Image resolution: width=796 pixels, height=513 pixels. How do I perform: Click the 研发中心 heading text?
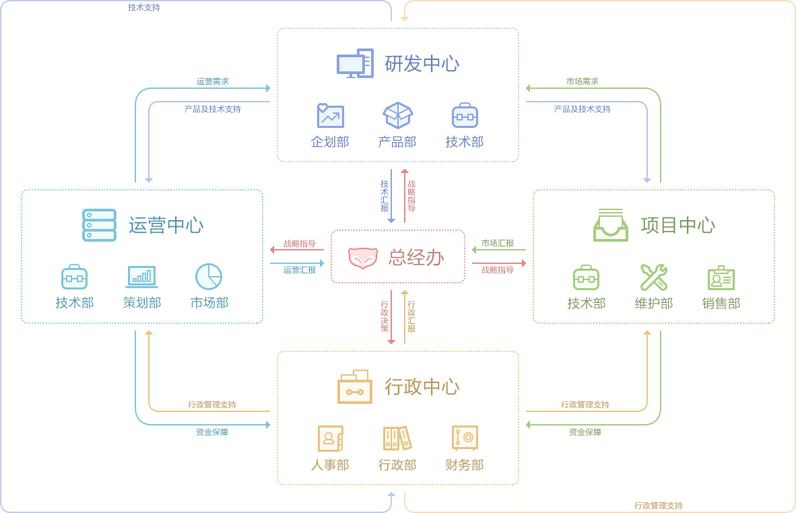coord(422,64)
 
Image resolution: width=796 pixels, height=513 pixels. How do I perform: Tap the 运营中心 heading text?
coord(166,226)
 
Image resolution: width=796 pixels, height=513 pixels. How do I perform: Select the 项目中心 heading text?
coord(678,226)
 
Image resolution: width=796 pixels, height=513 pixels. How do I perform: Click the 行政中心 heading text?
coord(422,387)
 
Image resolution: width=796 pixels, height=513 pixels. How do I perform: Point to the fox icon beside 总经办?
coord(363,257)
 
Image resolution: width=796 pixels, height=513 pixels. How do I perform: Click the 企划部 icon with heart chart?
coord(330,116)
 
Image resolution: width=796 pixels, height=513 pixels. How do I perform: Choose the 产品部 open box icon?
coord(397,115)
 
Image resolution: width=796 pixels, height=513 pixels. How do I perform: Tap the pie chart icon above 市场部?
coord(209,277)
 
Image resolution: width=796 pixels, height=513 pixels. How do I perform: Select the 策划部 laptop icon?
coord(141,277)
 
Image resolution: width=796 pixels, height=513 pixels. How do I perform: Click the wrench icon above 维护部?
coord(653,277)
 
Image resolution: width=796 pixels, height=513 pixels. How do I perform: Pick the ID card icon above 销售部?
coord(721,277)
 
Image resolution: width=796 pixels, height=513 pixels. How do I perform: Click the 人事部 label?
coord(330,465)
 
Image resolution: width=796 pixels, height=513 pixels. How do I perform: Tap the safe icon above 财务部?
coord(465,438)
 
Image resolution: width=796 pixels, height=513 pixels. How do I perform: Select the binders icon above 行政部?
coord(397,438)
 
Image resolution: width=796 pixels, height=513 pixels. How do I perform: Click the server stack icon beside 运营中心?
coord(99,225)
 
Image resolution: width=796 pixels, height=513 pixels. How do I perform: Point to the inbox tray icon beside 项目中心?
coord(610,225)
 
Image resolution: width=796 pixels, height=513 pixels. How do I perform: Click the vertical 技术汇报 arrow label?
coord(385,196)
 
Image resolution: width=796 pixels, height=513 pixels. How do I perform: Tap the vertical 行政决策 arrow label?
coord(385,316)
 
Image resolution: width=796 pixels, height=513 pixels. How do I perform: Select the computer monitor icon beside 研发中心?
coord(355,63)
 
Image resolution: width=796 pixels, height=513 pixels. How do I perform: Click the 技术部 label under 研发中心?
coord(465,142)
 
